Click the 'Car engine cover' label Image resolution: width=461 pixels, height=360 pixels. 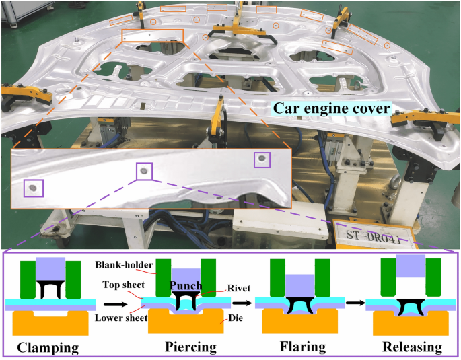click(x=331, y=108)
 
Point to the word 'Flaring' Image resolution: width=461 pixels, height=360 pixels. click(x=301, y=347)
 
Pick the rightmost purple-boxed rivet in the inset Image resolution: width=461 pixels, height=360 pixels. click(x=261, y=159)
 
